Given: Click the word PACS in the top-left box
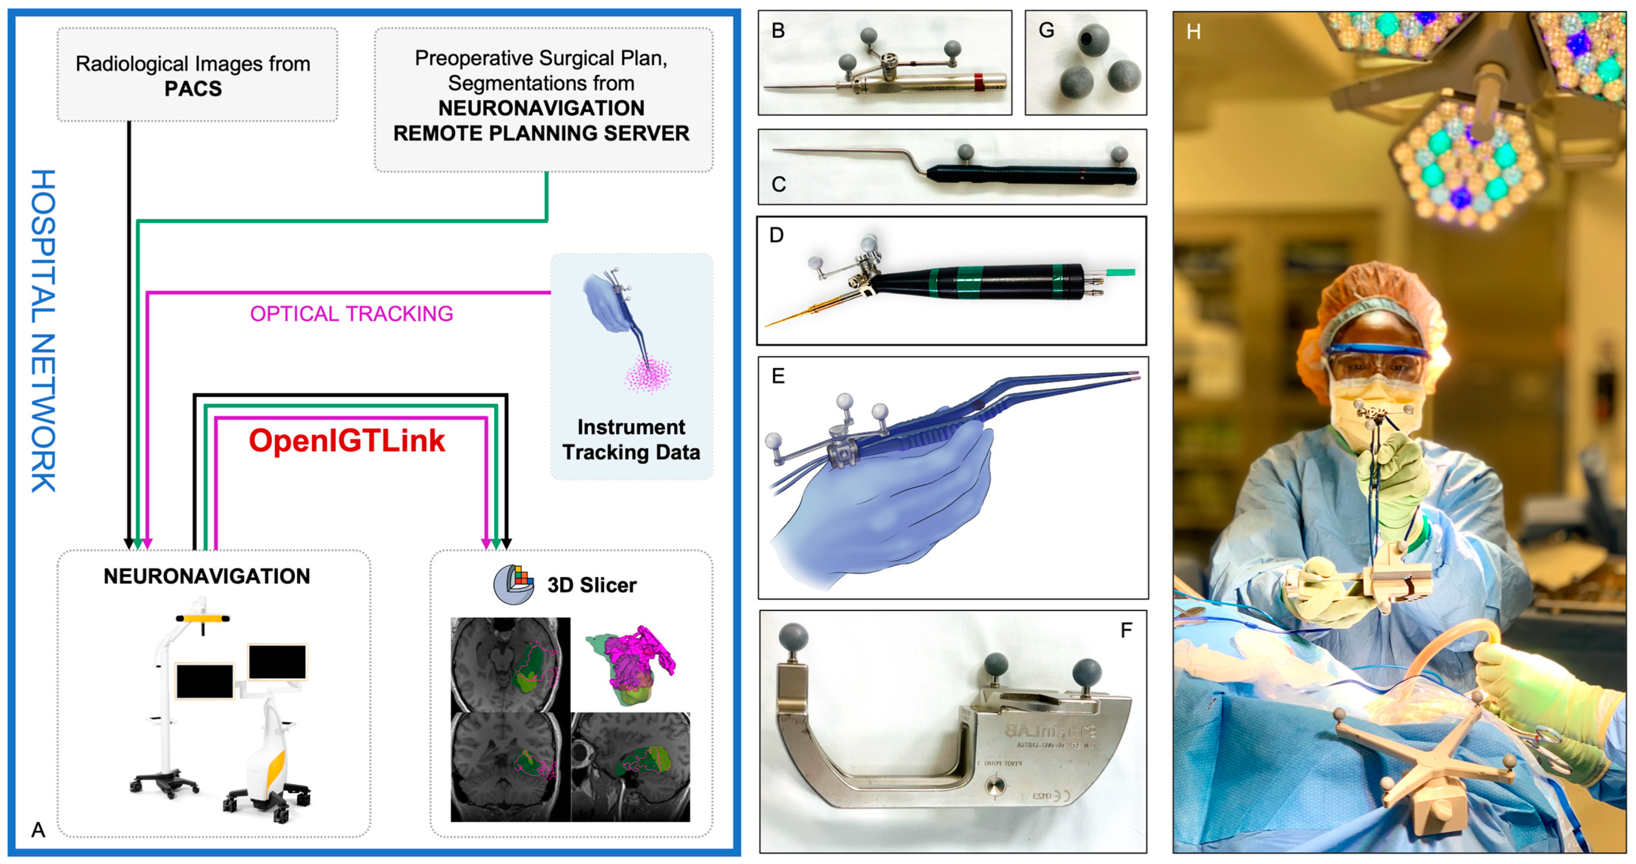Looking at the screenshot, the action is click(x=193, y=88).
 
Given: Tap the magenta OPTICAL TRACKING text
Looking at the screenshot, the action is click(x=351, y=314).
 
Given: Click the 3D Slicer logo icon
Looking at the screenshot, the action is click(x=513, y=584).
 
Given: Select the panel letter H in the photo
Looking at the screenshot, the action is click(x=1193, y=32).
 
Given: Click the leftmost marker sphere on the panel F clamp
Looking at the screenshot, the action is click(x=794, y=636).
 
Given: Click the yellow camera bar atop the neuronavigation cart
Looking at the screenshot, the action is click(x=203, y=617).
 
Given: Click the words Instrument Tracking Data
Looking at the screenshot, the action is click(x=631, y=439).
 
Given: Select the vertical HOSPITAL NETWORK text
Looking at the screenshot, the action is click(x=43, y=330).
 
